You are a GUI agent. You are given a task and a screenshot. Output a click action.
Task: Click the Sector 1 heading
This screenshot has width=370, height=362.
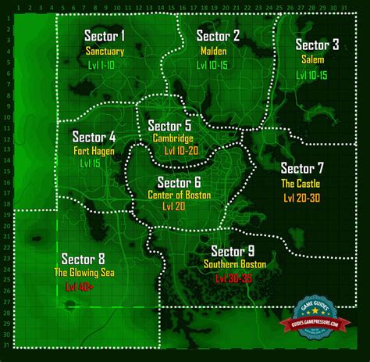(105, 36)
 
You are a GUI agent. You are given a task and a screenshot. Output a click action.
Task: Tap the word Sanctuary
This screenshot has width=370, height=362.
(105, 51)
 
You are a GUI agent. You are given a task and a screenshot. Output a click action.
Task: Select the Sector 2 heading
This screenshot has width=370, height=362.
(218, 36)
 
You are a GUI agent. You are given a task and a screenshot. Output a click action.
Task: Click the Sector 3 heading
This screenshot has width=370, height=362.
(318, 45)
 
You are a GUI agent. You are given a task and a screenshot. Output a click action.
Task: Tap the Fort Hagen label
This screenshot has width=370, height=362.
(94, 151)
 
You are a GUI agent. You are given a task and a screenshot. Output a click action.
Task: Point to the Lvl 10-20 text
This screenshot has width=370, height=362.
(175, 150)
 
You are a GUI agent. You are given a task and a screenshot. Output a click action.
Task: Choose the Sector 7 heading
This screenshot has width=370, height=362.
(302, 168)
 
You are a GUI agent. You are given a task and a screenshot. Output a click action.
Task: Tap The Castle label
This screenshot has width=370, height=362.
(301, 184)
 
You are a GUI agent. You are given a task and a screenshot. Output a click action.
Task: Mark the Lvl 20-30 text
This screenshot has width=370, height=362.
(301, 198)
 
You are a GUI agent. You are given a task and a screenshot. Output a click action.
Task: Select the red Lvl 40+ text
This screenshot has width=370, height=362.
(79, 288)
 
